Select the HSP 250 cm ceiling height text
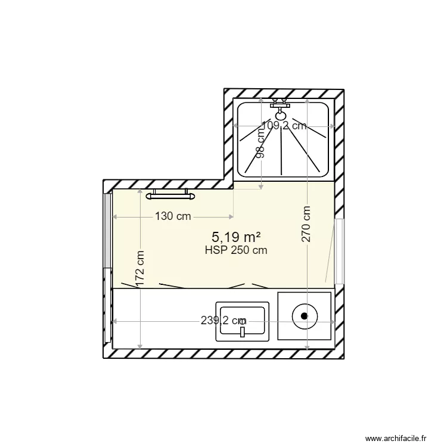pos(235,250)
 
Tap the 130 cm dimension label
pos(173,216)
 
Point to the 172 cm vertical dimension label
pos(140,270)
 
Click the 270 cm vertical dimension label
pos(306,224)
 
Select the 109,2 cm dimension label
pos(284,125)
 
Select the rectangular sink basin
pos(243,319)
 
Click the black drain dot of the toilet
pos(305,316)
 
